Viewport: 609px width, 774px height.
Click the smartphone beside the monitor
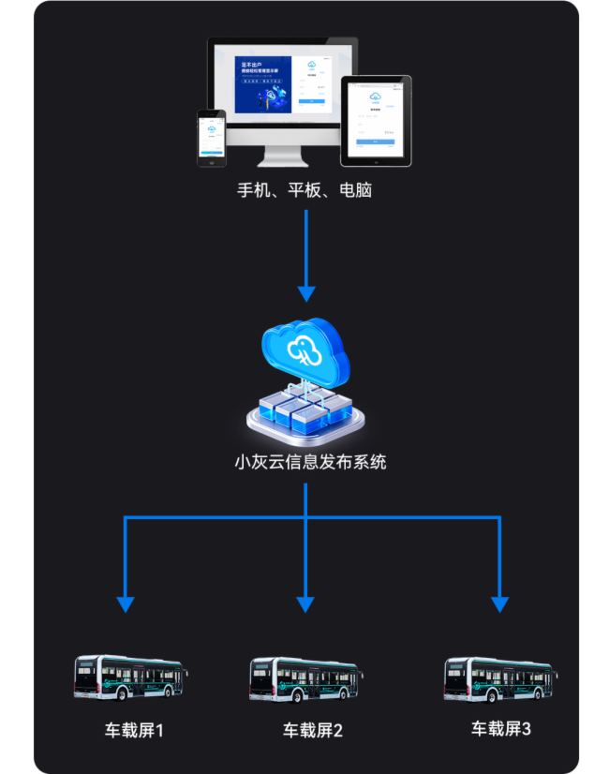click(x=211, y=137)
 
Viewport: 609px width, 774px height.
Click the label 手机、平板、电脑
click(x=304, y=190)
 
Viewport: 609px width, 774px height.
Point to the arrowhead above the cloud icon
click(x=305, y=291)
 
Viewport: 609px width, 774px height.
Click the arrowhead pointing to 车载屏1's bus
click(x=126, y=603)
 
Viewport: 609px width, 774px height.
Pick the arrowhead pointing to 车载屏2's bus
click(x=305, y=603)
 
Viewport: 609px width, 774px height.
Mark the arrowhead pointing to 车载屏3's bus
click(x=499, y=603)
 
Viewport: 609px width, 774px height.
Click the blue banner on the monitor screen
click(x=264, y=85)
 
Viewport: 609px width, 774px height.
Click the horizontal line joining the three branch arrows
click(x=215, y=517)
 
